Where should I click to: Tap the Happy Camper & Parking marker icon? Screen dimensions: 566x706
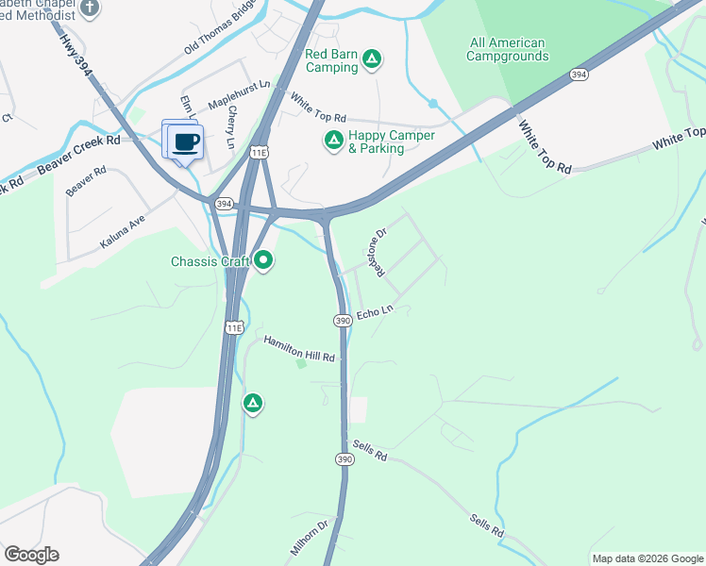pos(333,141)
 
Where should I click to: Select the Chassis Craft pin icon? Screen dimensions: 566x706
pos(263,260)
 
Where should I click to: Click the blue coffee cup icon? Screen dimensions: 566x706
pos(186,142)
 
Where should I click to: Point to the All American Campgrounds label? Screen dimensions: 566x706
pos(507,49)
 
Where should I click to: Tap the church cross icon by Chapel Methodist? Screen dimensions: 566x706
pos(90,8)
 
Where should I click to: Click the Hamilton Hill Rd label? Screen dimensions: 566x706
pos(299,349)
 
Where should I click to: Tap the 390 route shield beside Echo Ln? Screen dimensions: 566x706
pos(343,322)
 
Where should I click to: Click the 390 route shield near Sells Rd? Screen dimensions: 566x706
pos(345,458)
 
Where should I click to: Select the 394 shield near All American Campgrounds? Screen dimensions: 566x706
pos(580,74)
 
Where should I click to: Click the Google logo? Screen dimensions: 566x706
pos(31,555)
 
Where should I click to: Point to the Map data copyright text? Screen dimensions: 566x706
pos(648,558)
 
